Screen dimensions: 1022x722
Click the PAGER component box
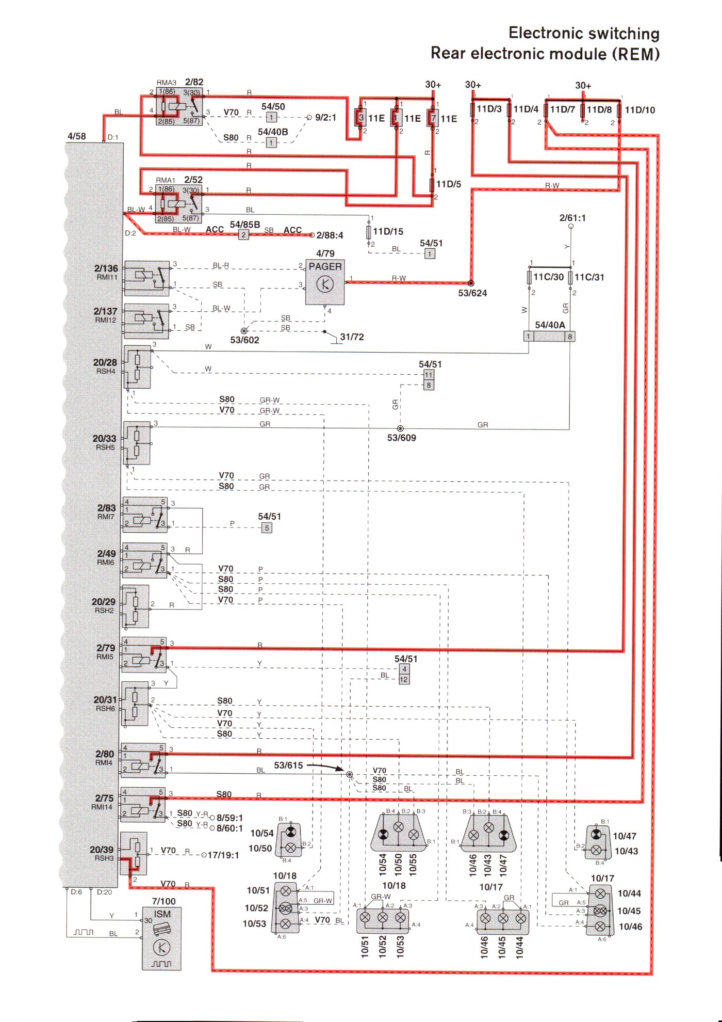(x=325, y=282)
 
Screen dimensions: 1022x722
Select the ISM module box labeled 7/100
(x=161, y=939)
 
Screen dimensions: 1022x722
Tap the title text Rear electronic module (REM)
(x=545, y=54)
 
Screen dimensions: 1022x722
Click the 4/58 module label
(x=77, y=136)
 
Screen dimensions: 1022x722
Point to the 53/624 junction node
(x=471, y=283)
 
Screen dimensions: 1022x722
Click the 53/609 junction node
(x=400, y=428)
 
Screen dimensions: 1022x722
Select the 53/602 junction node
(x=244, y=331)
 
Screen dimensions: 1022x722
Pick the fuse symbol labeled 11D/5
(x=432, y=184)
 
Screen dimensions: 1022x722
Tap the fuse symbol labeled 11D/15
(x=369, y=232)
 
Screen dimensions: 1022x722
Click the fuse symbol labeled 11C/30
(x=529, y=277)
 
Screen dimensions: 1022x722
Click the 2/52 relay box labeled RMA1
(x=178, y=204)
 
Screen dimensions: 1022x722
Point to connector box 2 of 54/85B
(x=243, y=235)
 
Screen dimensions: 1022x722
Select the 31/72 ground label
(x=352, y=337)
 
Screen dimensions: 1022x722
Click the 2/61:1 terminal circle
(x=571, y=226)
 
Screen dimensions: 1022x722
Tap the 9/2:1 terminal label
(x=325, y=118)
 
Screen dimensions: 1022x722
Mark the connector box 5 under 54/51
(x=267, y=528)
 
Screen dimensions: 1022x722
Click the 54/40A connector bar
(x=549, y=337)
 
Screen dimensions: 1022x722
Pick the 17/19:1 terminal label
(x=223, y=855)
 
